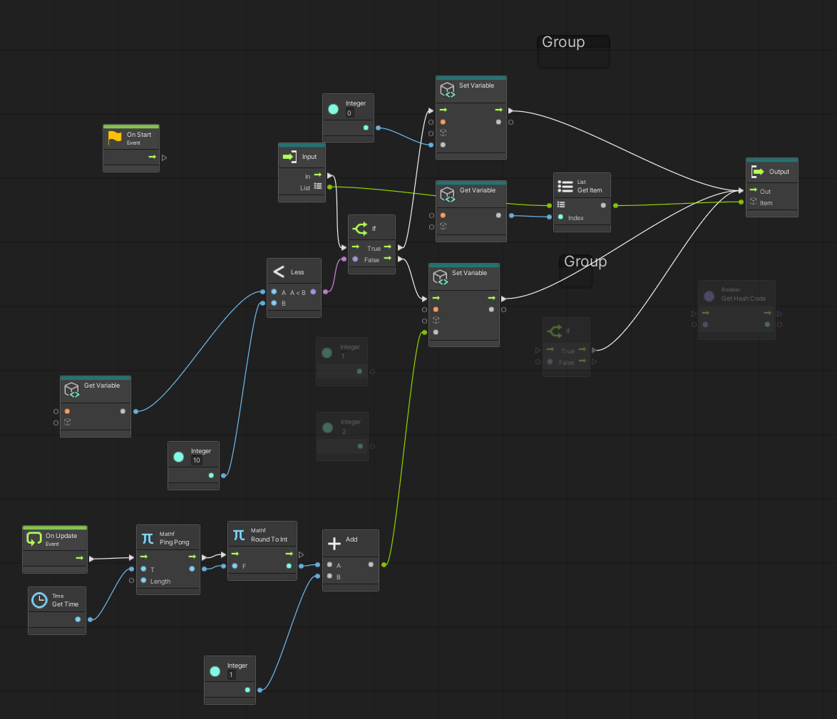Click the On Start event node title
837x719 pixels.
[x=139, y=135]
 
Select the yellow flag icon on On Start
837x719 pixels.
[x=115, y=138]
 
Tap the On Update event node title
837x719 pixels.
[x=61, y=536]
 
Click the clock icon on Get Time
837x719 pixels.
[x=40, y=600]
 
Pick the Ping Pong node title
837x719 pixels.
[x=174, y=542]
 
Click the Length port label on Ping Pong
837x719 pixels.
[x=160, y=581]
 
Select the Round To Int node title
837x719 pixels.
[x=269, y=539]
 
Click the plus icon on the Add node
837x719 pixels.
[x=334, y=544]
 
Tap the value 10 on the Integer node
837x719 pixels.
[x=197, y=460]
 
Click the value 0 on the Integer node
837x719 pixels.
[x=349, y=113]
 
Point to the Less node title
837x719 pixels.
[x=297, y=272]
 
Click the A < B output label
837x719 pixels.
[x=297, y=292]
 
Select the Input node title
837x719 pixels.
[x=309, y=157]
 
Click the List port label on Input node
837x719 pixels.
[x=305, y=188]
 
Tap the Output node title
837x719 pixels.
[x=779, y=172]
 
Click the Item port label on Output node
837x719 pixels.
[x=766, y=203]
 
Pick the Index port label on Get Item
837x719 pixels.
[x=575, y=218]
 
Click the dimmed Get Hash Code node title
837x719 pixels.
[x=744, y=299]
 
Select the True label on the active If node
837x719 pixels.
[x=374, y=249]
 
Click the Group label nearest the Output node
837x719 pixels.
[x=585, y=262]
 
